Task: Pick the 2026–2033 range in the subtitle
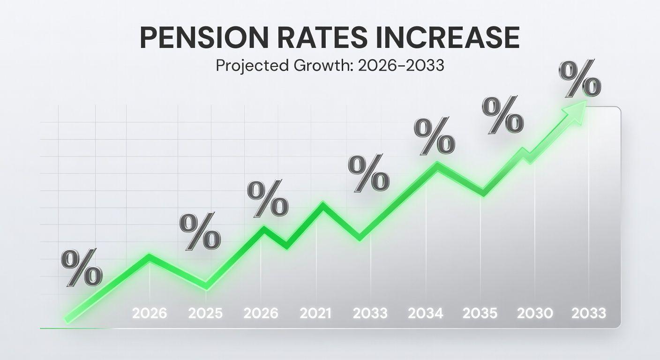[x=400, y=66]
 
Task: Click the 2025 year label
[x=206, y=313]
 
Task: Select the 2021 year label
[x=316, y=313]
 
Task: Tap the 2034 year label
[x=426, y=313]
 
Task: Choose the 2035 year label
[x=480, y=313]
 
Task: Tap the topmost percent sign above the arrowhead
[x=580, y=79]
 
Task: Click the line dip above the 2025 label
[x=206, y=285]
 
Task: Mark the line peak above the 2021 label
[x=322, y=205]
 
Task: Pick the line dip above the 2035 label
[x=482, y=193]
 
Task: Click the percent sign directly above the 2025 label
[x=200, y=231]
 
